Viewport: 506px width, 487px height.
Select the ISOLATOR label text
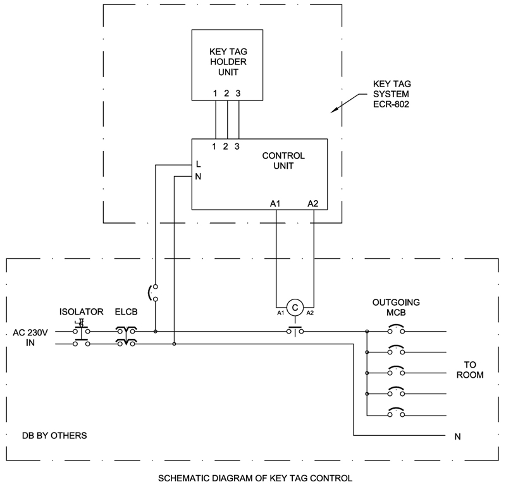pyautogui.click(x=81, y=311)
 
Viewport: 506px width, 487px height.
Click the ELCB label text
pyautogui.click(x=127, y=311)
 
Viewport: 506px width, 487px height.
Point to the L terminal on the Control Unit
pyautogui.click(x=199, y=164)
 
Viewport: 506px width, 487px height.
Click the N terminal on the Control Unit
pyautogui.click(x=199, y=177)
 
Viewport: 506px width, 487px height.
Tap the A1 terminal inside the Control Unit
pyautogui.click(x=275, y=203)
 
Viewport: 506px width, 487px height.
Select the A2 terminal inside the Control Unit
pyautogui.click(x=313, y=203)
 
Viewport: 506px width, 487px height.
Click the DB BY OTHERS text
pyautogui.click(x=54, y=436)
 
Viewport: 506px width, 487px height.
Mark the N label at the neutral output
pyautogui.click(x=457, y=436)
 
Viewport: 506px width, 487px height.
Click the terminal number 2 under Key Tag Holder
pyautogui.click(x=226, y=93)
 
